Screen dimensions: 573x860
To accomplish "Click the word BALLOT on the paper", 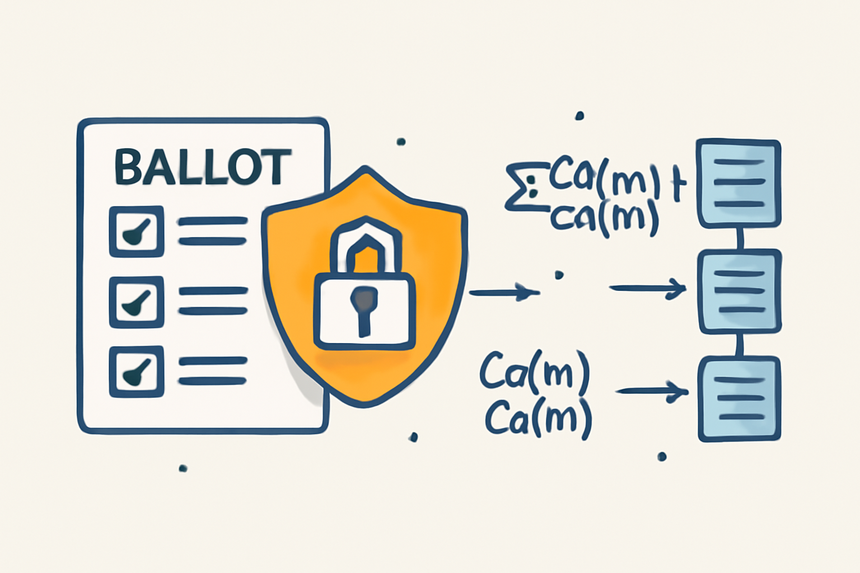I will coord(203,167).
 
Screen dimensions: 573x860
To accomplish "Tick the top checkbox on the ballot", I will coord(136,231).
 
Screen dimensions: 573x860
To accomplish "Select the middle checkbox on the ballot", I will coord(136,302).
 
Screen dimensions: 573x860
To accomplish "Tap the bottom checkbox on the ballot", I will coord(136,372).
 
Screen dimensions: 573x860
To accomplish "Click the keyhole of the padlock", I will coord(364,305).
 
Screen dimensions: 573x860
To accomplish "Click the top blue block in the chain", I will coord(739,183).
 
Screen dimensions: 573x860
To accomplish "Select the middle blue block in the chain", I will coord(739,292).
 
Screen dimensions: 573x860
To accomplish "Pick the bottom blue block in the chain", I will coord(739,398).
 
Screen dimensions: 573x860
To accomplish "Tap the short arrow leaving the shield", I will coord(502,292).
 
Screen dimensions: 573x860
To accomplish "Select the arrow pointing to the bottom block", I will coord(652,391).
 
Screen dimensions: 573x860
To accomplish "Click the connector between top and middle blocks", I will coord(740,239).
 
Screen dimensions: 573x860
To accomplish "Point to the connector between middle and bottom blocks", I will coord(740,345).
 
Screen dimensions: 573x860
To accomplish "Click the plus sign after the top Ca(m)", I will coord(678,186).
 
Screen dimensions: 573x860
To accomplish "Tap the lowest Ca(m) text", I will coord(538,419).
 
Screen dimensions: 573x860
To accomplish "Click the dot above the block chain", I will coord(579,116).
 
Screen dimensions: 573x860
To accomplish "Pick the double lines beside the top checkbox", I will coord(213,231).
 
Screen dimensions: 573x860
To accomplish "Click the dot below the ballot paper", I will coord(183,468).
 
